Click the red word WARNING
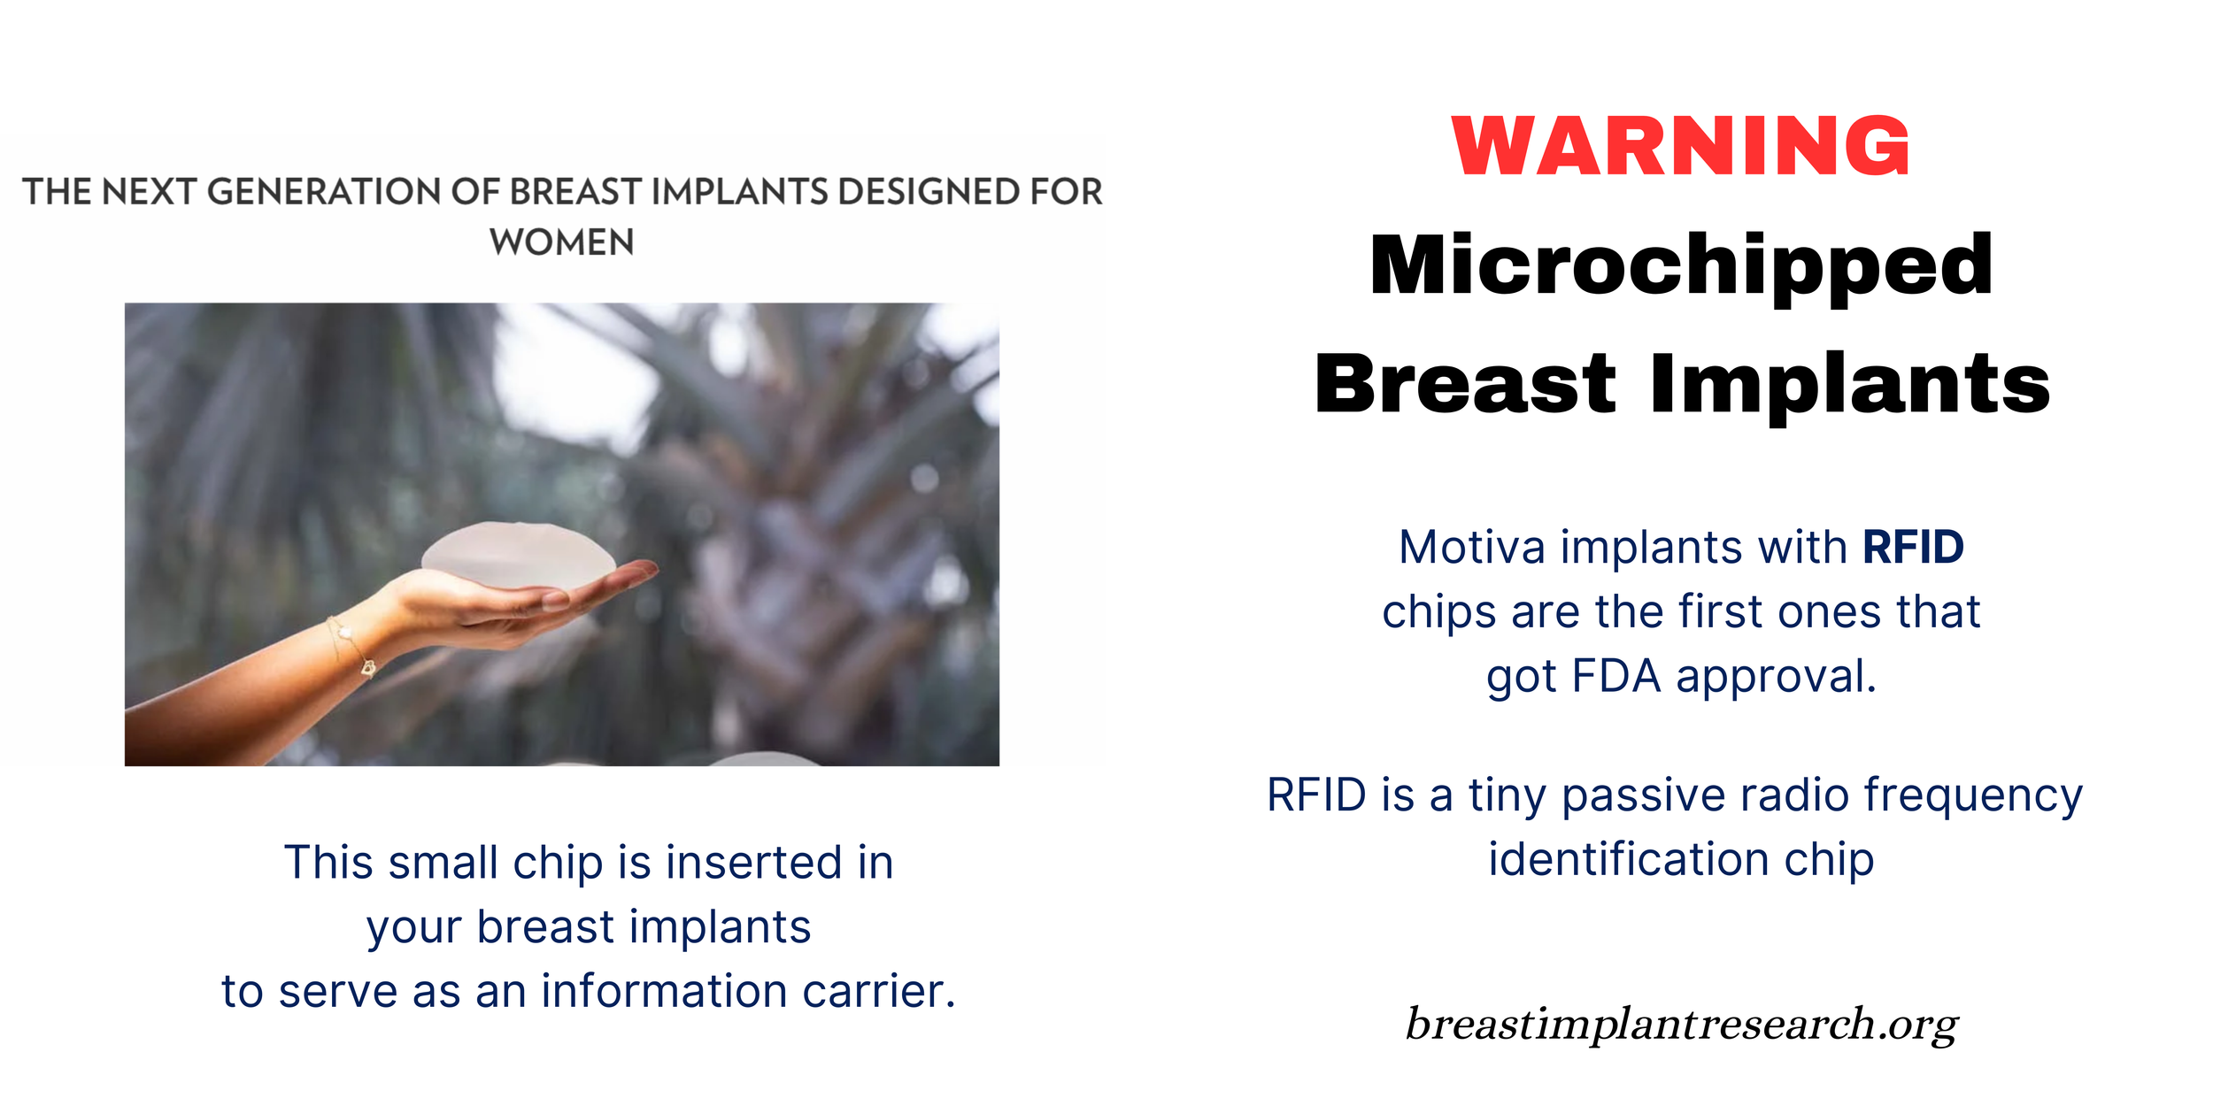pos(1680,146)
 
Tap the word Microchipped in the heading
pos(1680,265)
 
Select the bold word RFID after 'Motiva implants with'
pos(1913,547)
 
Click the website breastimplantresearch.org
pos(1681,1024)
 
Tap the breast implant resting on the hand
pos(519,556)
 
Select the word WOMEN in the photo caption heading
pos(562,242)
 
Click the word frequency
pos(1973,795)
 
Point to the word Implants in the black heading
pos(1850,384)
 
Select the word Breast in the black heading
pos(1465,384)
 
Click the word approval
pos(1776,676)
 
